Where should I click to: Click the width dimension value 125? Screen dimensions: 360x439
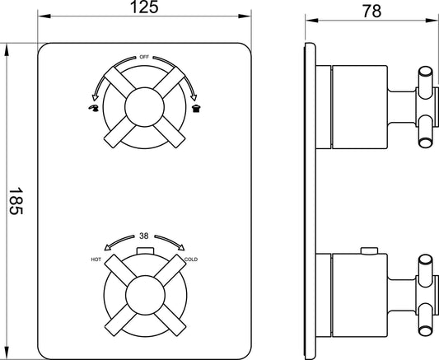pyautogui.click(x=144, y=8)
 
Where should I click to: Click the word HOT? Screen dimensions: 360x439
pyautogui.click(x=96, y=260)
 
